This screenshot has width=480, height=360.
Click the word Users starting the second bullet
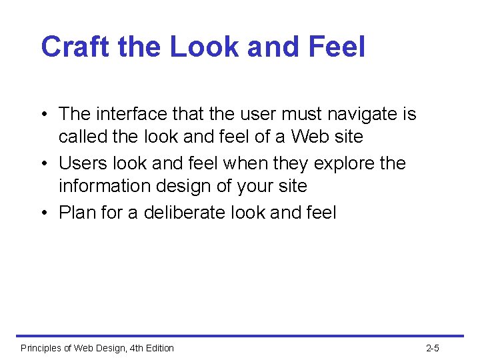tap(83, 163)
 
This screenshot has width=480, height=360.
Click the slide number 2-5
tap(432, 348)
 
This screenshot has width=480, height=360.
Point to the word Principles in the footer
tap(43, 348)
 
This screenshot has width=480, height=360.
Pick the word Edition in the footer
tap(157, 348)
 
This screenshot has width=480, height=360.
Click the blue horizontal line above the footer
tap(240, 336)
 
